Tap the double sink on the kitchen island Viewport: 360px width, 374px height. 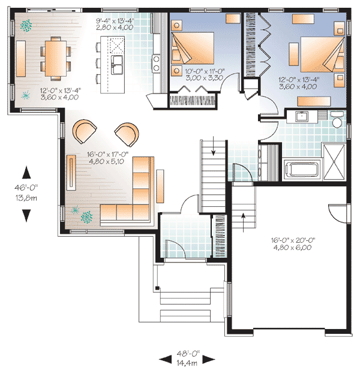coord(116,62)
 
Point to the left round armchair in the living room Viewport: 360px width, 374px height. coord(84,131)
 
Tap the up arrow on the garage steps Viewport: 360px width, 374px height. coord(243,216)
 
